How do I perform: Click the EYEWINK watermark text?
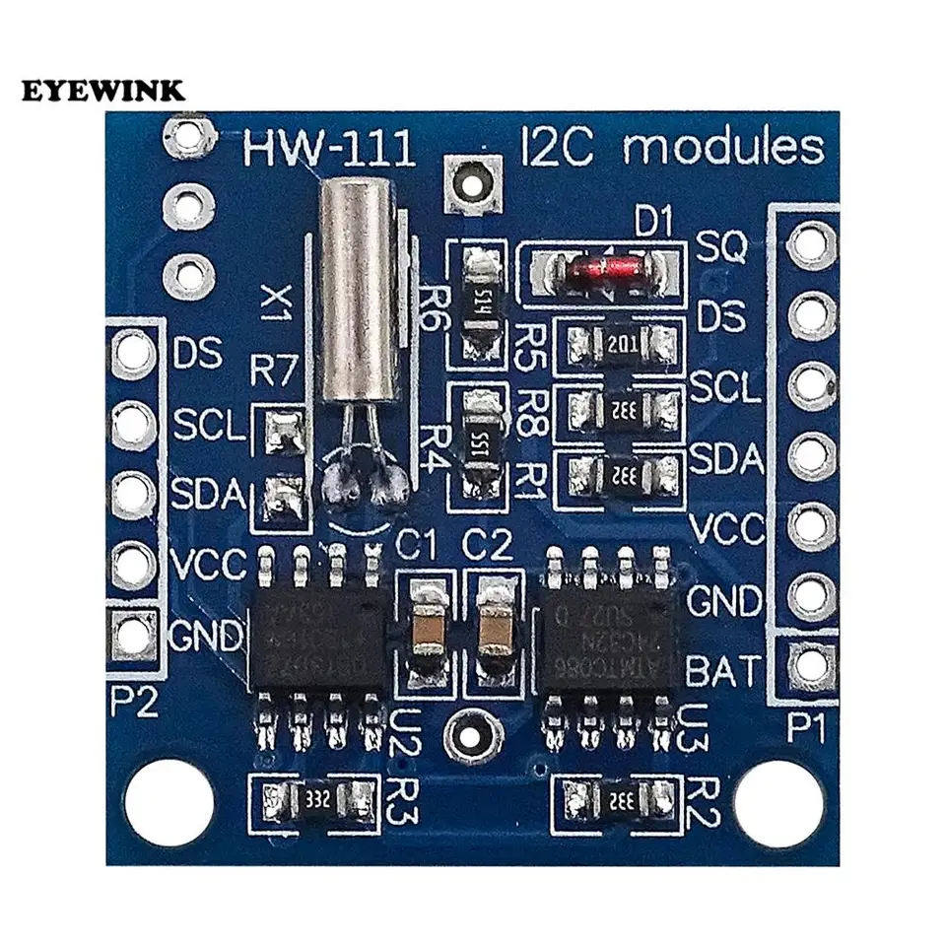click(x=102, y=91)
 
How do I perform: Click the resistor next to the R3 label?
click(x=315, y=797)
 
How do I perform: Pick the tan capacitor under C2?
click(x=497, y=631)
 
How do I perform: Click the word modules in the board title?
click(x=723, y=149)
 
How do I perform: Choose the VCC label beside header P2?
click(x=208, y=564)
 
